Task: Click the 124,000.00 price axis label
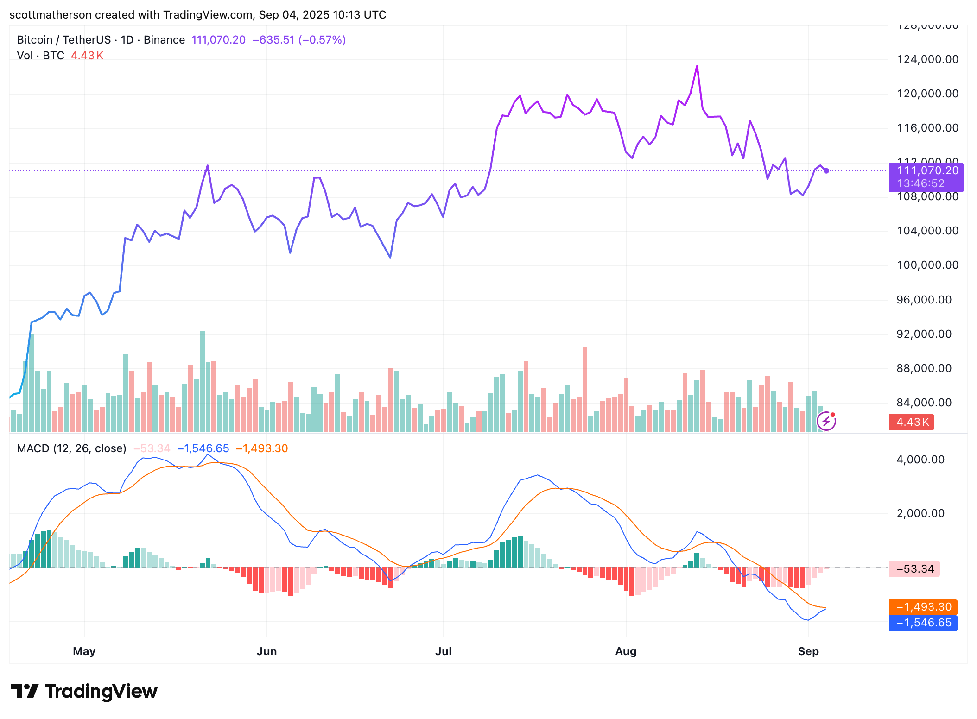tap(927, 59)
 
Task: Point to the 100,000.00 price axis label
tap(927, 265)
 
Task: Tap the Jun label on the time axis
tap(266, 651)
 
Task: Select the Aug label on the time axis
tap(626, 651)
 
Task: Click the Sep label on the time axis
tap(808, 651)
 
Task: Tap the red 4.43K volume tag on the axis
tap(912, 422)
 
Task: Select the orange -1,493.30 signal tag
tap(923, 607)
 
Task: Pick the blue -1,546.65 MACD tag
tap(923, 623)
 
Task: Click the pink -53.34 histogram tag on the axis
tap(914, 569)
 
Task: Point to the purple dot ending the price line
tap(826, 171)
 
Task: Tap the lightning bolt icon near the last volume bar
tap(826, 422)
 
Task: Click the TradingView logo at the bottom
tap(84, 691)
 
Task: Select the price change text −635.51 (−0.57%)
tap(299, 40)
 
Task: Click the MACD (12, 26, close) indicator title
tap(71, 448)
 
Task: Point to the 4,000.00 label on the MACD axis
tap(920, 460)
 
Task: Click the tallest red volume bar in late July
tap(585, 389)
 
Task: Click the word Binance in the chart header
tap(164, 40)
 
